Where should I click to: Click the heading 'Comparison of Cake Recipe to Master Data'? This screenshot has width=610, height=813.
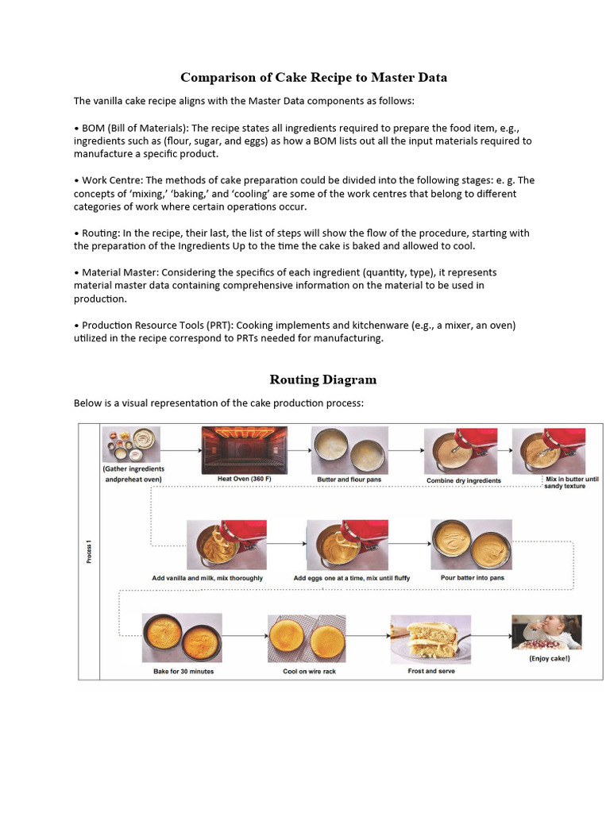click(314, 77)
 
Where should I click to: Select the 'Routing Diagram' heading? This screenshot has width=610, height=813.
click(322, 380)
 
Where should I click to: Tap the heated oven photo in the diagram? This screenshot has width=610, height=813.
click(241, 449)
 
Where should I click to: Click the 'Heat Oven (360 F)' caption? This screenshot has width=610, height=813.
click(241, 480)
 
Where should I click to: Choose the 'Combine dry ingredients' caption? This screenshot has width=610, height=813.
click(464, 480)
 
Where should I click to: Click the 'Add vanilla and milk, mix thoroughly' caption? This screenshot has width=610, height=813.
click(207, 578)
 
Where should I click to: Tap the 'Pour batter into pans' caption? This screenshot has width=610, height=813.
click(472, 578)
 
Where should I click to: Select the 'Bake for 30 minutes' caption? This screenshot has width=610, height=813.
click(183, 671)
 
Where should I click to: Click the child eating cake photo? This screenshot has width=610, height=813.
click(546, 633)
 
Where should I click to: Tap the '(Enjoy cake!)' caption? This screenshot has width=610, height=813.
click(550, 658)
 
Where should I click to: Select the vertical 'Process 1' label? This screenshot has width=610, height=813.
click(88, 549)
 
